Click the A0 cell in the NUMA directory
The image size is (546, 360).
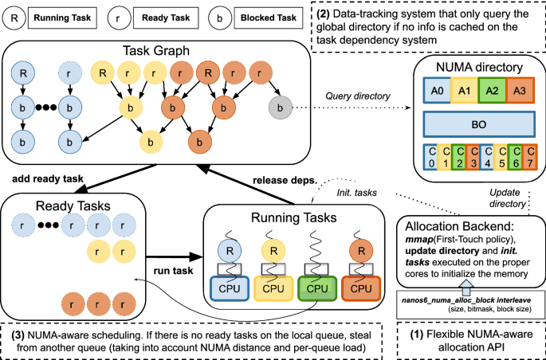click(435, 91)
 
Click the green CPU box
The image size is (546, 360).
click(317, 286)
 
